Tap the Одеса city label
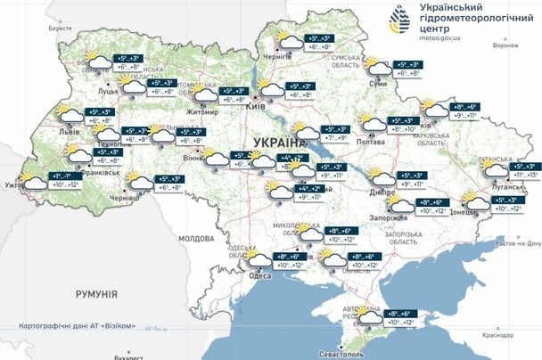click(x=260, y=277)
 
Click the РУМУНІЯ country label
click(x=96, y=293)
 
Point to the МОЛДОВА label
click(x=196, y=239)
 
